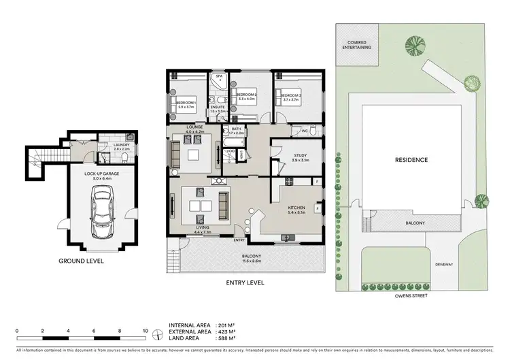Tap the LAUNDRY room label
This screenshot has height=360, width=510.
111,146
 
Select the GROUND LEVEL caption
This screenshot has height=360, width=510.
82,260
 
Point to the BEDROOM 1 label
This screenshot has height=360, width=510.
186,103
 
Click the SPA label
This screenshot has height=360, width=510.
219,77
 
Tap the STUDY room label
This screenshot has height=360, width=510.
301,156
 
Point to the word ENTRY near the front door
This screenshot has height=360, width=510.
239,240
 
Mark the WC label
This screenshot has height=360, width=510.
305,131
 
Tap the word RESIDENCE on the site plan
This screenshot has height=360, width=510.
411,161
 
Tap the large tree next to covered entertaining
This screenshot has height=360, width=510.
413,46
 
